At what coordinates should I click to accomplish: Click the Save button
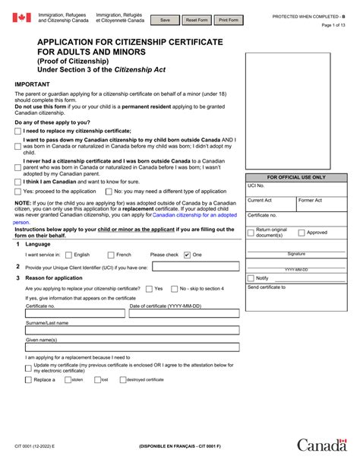[165, 20]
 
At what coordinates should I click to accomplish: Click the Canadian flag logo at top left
[22, 17]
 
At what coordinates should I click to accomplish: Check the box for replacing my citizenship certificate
[17, 131]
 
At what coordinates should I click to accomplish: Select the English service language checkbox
[68, 255]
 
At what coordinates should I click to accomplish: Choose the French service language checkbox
[111, 255]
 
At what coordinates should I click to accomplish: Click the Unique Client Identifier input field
[196, 267]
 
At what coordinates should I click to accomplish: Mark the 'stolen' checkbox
[67, 379]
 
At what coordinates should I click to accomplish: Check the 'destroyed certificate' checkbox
[122, 379]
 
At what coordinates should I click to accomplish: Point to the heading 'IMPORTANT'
[33, 85]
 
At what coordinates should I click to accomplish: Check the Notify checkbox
[250, 278]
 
